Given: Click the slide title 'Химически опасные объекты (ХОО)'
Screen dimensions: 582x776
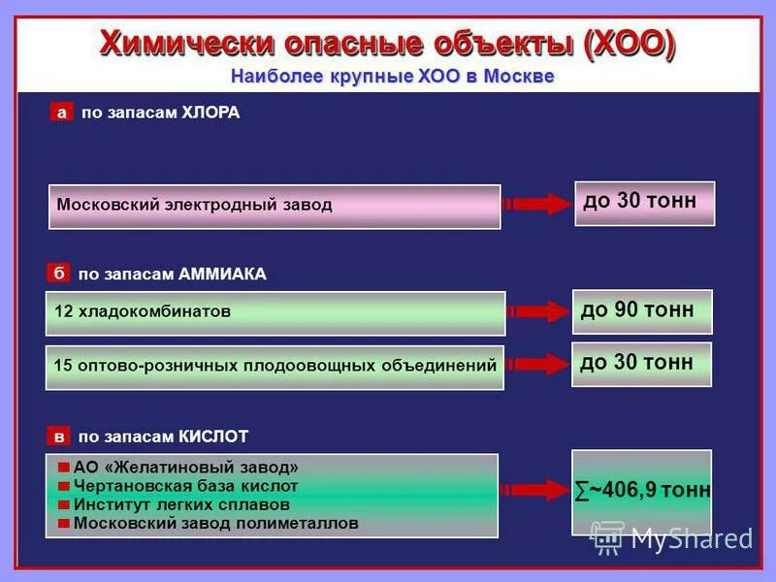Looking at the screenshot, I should pos(388,44).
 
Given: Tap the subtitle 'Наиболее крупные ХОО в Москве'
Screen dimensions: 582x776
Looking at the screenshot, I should pos(392,77).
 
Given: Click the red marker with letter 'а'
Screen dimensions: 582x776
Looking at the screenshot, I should pos(62,113).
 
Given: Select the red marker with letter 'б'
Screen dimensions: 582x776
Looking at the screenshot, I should pos(58,275).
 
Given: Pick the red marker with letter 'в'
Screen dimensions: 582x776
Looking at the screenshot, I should pos(58,436).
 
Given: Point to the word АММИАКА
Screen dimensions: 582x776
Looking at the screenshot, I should pos(222,275).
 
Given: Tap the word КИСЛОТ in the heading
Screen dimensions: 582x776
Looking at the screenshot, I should pos(214,436).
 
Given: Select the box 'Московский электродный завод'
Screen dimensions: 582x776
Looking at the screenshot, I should pos(275,206).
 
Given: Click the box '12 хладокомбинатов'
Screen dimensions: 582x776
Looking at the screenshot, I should pos(275,312).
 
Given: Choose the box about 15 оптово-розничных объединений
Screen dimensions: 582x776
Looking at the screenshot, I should pos(275,366).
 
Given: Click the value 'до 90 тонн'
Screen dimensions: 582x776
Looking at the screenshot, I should pos(641,310).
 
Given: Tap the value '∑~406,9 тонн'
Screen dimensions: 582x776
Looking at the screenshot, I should pos(641,491).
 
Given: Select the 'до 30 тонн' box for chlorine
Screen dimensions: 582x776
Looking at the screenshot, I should pos(643,203).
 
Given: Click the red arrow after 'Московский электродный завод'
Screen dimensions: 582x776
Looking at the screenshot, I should pos(538,204).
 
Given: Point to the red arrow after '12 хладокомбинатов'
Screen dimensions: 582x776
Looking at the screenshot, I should pos(538,311).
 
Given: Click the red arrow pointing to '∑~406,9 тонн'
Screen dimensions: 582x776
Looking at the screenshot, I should pos(534,490).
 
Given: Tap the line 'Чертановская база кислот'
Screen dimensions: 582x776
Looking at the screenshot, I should pos(186,486).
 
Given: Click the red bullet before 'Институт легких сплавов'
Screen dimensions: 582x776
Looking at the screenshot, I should pos(64,505).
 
